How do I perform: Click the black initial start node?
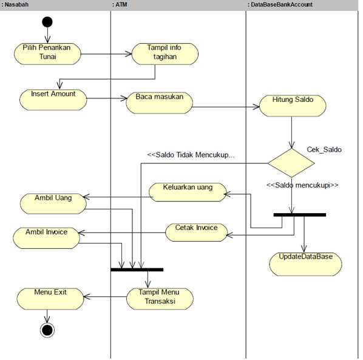pos(47,22)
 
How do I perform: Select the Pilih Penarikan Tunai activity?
pos(47,52)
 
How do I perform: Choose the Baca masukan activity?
pos(159,101)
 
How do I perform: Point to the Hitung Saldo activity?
pos(293,105)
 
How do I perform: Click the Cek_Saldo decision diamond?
pos(292,162)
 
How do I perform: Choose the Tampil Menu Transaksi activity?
pos(160,298)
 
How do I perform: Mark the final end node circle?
pos(47,330)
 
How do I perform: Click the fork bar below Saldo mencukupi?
pos(299,214)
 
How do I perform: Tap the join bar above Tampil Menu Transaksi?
pos(137,269)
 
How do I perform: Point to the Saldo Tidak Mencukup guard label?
pos(191,155)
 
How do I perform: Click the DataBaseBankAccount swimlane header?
pos(280,4)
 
